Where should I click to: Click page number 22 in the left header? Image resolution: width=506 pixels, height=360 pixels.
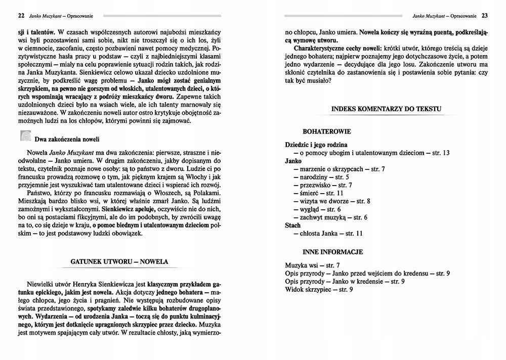[x=21, y=15]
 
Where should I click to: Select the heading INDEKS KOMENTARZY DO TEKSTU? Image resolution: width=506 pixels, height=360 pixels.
[x=386, y=109]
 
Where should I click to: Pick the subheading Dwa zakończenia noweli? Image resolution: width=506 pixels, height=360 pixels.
[x=67, y=139]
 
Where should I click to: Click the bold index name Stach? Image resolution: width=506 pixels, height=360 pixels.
[x=293, y=226]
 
